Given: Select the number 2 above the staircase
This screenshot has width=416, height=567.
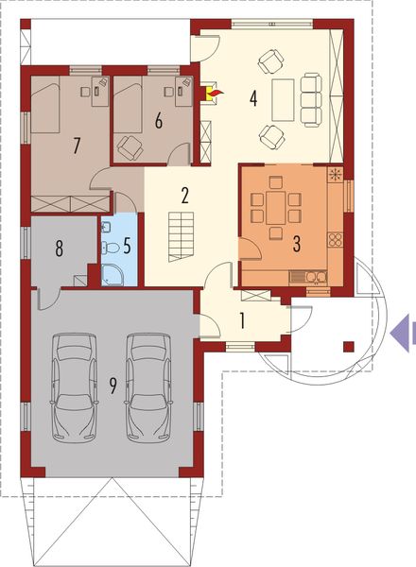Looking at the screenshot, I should point(186,197).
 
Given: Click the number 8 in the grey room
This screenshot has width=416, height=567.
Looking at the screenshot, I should point(60,249).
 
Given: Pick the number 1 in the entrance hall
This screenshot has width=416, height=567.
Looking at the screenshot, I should point(243,319).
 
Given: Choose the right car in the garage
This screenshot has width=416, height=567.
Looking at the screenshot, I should point(147,385).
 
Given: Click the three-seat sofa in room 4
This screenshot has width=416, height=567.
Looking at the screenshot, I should point(310,94).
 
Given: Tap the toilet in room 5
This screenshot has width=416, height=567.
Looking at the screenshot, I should point(111,248).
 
